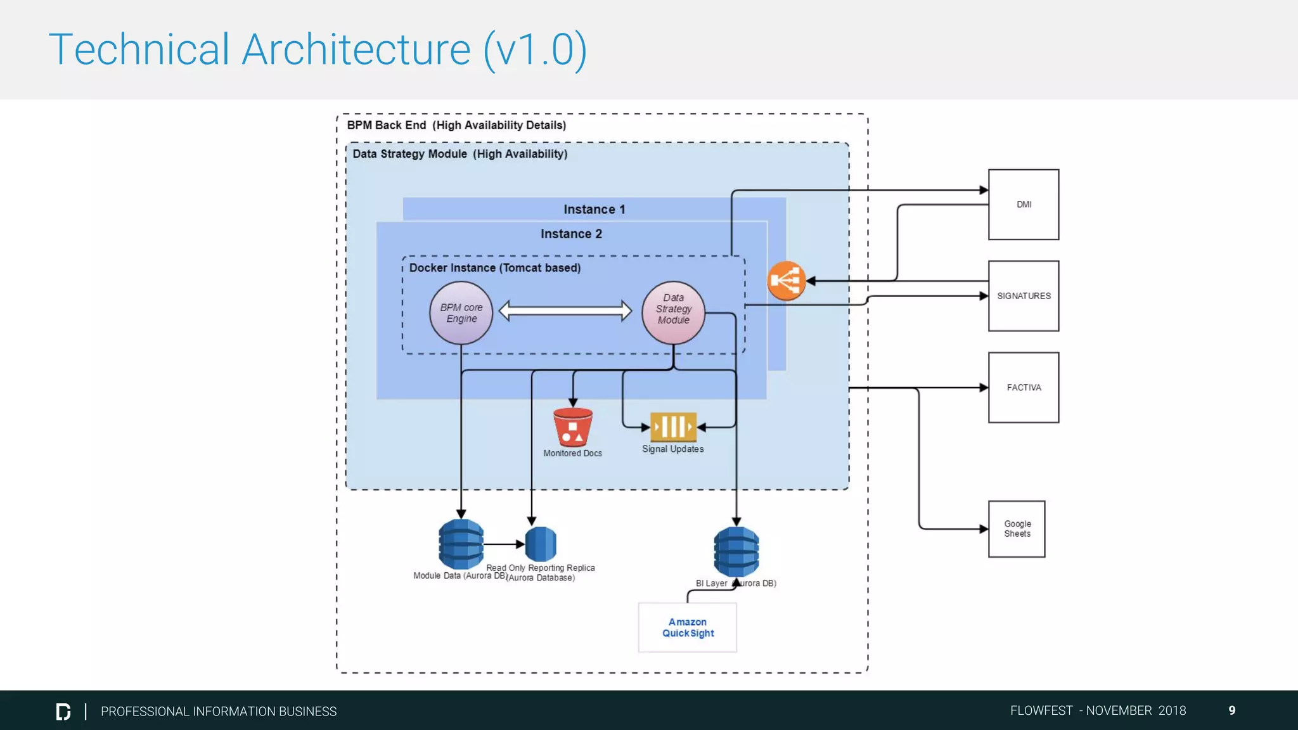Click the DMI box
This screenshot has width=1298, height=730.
click(1023, 204)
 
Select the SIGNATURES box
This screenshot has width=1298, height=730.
click(1023, 296)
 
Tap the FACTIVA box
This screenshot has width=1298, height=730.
click(1023, 387)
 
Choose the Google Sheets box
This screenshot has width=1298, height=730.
click(1016, 528)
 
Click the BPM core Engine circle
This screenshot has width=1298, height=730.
click(461, 313)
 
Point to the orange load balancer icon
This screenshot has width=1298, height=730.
click(786, 281)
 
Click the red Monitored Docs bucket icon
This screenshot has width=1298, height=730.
click(572, 427)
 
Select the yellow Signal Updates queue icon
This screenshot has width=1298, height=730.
click(672, 426)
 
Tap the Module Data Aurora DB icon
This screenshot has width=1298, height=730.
click(461, 544)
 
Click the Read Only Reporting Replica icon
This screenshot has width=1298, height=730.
click(541, 544)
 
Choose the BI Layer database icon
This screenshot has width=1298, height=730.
click(736, 551)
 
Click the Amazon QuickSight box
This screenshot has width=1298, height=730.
click(687, 627)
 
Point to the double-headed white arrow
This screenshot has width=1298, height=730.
click(565, 311)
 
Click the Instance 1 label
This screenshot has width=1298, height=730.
click(594, 209)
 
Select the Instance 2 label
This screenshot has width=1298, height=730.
click(571, 234)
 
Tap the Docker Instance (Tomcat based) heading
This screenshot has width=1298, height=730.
click(494, 267)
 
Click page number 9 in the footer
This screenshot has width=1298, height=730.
click(1231, 710)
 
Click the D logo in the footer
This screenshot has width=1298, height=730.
click(63, 711)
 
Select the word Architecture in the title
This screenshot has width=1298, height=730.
click(356, 49)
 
